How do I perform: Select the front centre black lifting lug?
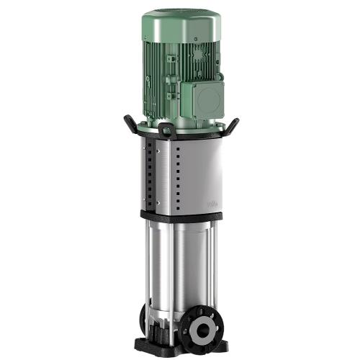[165, 132]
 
